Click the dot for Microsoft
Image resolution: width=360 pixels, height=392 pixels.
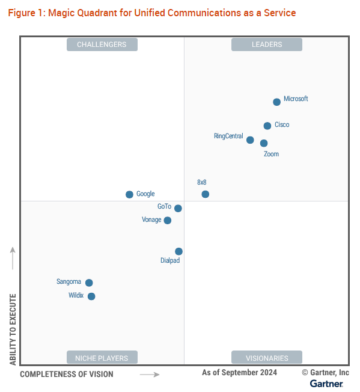[276, 102]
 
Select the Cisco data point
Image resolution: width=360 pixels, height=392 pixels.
[267, 126]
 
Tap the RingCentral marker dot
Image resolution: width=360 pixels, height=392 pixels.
[250, 140]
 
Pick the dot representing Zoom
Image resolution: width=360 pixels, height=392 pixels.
[264, 143]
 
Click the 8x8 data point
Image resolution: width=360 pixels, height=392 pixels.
[206, 194]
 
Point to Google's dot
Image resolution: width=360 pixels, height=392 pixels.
[129, 195]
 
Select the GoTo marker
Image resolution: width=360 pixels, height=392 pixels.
[178, 208]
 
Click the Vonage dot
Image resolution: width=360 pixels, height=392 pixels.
[168, 221]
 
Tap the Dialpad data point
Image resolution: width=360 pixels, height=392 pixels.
[178, 251]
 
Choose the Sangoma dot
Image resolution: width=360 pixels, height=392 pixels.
[89, 283]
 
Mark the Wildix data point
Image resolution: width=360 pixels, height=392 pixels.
[91, 296]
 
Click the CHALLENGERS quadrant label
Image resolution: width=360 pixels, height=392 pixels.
[102, 44]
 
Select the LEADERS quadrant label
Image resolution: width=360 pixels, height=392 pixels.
[267, 44]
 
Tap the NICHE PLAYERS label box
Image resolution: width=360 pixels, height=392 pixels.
[102, 357]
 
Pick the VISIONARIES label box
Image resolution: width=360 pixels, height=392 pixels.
[267, 357]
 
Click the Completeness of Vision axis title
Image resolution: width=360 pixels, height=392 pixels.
[67, 374]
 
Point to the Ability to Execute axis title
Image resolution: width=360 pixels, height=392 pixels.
[13, 329]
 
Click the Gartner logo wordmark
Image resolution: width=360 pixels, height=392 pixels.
[326, 384]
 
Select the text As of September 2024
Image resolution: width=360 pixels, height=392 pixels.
[240, 373]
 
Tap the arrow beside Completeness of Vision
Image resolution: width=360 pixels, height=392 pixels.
[150, 375]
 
